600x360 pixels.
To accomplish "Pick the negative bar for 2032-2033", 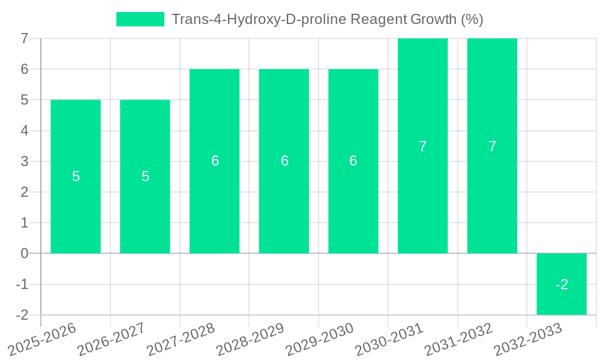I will pos(562,300).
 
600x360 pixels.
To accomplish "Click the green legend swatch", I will pos(140,19).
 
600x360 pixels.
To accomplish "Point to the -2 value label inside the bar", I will pos(562,284).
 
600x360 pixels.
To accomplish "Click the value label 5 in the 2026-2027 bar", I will pos(145,176).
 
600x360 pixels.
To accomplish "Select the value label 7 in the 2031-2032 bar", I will pos(492,146).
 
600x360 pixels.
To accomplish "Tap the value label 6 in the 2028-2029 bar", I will pos(284,161).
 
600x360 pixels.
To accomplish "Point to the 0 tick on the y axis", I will pos(25,253).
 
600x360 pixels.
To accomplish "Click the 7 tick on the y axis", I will pos(25,38).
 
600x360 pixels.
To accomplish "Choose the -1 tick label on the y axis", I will pos(22,284).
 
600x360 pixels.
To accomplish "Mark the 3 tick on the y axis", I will pos(25,161).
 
